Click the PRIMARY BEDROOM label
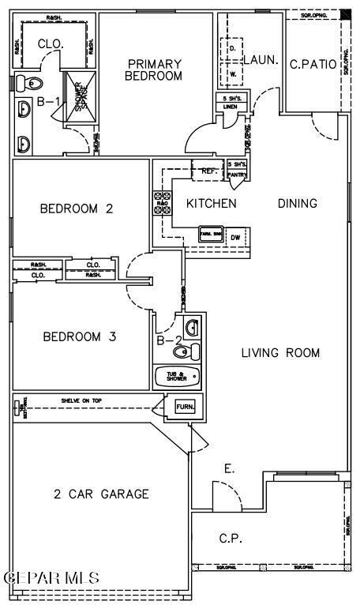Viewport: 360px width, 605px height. click(154, 70)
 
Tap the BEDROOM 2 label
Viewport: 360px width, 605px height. click(77, 209)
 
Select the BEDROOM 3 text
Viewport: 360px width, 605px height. click(79, 336)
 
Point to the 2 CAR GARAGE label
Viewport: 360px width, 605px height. click(101, 494)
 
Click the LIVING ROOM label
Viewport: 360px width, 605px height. click(280, 353)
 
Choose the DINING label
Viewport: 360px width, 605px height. click(297, 203)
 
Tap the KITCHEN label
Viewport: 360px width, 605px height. click(211, 203)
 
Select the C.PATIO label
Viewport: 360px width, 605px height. click(313, 64)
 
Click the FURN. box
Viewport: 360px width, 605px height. click(184, 408)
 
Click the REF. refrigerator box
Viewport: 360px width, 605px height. click(209, 171)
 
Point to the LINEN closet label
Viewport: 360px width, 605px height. click(230, 107)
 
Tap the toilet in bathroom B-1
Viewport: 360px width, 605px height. click(32, 82)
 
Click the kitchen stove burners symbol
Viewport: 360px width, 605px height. click(162, 203)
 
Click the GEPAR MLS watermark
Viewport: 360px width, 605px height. click(52, 578)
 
